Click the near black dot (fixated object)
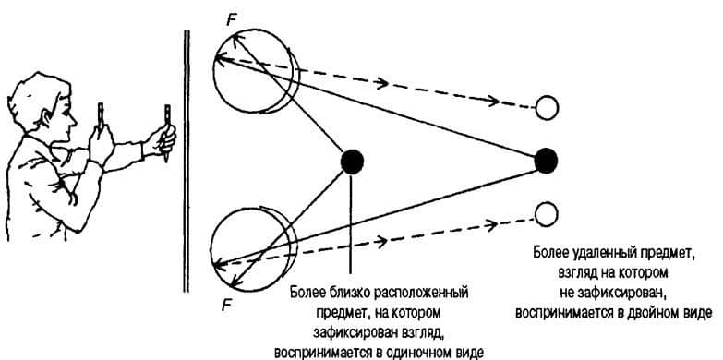click(x=352, y=162)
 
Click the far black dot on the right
click(x=546, y=161)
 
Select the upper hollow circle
click(x=547, y=108)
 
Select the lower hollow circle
click(x=547, y=214)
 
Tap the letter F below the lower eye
click(x=226, y=306)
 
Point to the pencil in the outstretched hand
click(x=166, y=134)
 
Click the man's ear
click(x=47, y=119)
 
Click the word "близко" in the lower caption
click(x=349, y=294)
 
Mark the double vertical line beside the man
click(x=187, y=161)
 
